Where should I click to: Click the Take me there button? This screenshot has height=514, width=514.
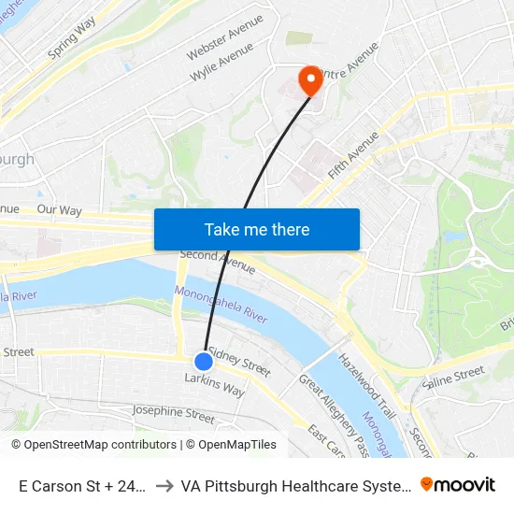point(257,229)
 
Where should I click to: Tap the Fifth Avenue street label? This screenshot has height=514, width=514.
point(354,155)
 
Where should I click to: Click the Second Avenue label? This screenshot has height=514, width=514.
point(217,260)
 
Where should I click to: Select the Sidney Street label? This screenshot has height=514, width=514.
point(239,362)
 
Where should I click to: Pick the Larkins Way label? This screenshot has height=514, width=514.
point(214,385)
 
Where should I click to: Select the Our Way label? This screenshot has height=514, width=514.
point(59,210)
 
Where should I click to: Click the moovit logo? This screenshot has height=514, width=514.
point(458,484)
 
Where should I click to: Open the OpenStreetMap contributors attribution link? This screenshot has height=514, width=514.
point(93,445)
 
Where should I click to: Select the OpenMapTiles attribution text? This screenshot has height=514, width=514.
point(231,445)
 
